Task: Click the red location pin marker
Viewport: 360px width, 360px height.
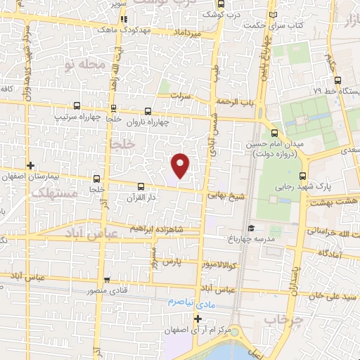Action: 181,165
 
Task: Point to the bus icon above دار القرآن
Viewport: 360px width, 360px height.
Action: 141,186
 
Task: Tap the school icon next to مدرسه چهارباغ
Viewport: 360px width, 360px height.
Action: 251,227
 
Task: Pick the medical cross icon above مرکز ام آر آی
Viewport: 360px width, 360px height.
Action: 198,319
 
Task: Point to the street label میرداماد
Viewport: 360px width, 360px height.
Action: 187,33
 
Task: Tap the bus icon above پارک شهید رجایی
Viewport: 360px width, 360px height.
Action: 303,176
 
